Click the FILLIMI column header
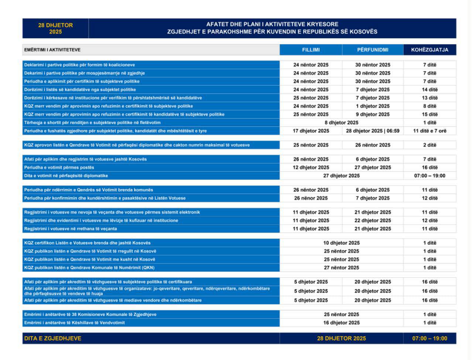311,50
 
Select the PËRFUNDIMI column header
373,50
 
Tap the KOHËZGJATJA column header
430,50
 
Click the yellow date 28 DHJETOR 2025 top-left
55,28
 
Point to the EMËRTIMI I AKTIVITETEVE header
52,50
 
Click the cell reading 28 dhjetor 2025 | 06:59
373,131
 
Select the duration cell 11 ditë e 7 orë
430,131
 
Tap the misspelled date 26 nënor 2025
311,198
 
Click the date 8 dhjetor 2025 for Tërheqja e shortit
341,123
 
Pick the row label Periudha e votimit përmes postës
59,168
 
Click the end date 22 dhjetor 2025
373,220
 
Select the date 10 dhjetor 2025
341,243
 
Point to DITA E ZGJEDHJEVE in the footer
53,338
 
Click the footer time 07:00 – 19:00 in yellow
430,338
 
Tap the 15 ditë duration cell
430,114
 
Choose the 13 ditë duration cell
430,98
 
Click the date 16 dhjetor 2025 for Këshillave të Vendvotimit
341,323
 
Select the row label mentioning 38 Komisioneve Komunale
90,315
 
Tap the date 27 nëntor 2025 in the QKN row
341,268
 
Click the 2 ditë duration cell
430,145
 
